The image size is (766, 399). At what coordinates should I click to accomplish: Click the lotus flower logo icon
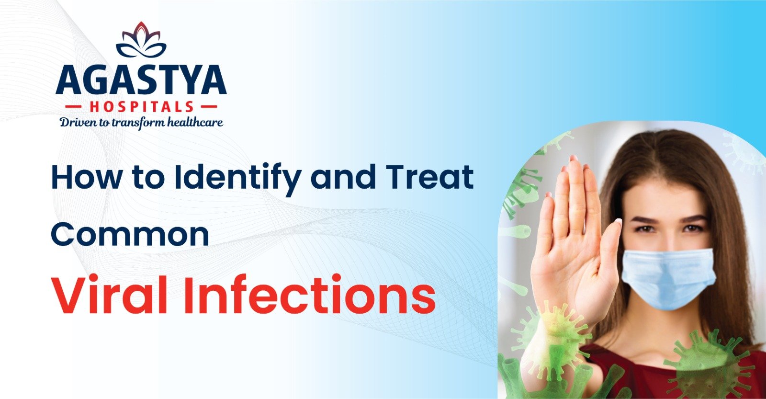(141, 40)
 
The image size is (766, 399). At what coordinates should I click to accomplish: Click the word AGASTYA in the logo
(141, 81)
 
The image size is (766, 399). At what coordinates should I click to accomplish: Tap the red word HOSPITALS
(141, 107)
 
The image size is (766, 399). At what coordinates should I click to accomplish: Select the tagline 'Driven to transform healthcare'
(141, 123)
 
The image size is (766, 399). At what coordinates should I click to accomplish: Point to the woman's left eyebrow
(694, 218)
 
